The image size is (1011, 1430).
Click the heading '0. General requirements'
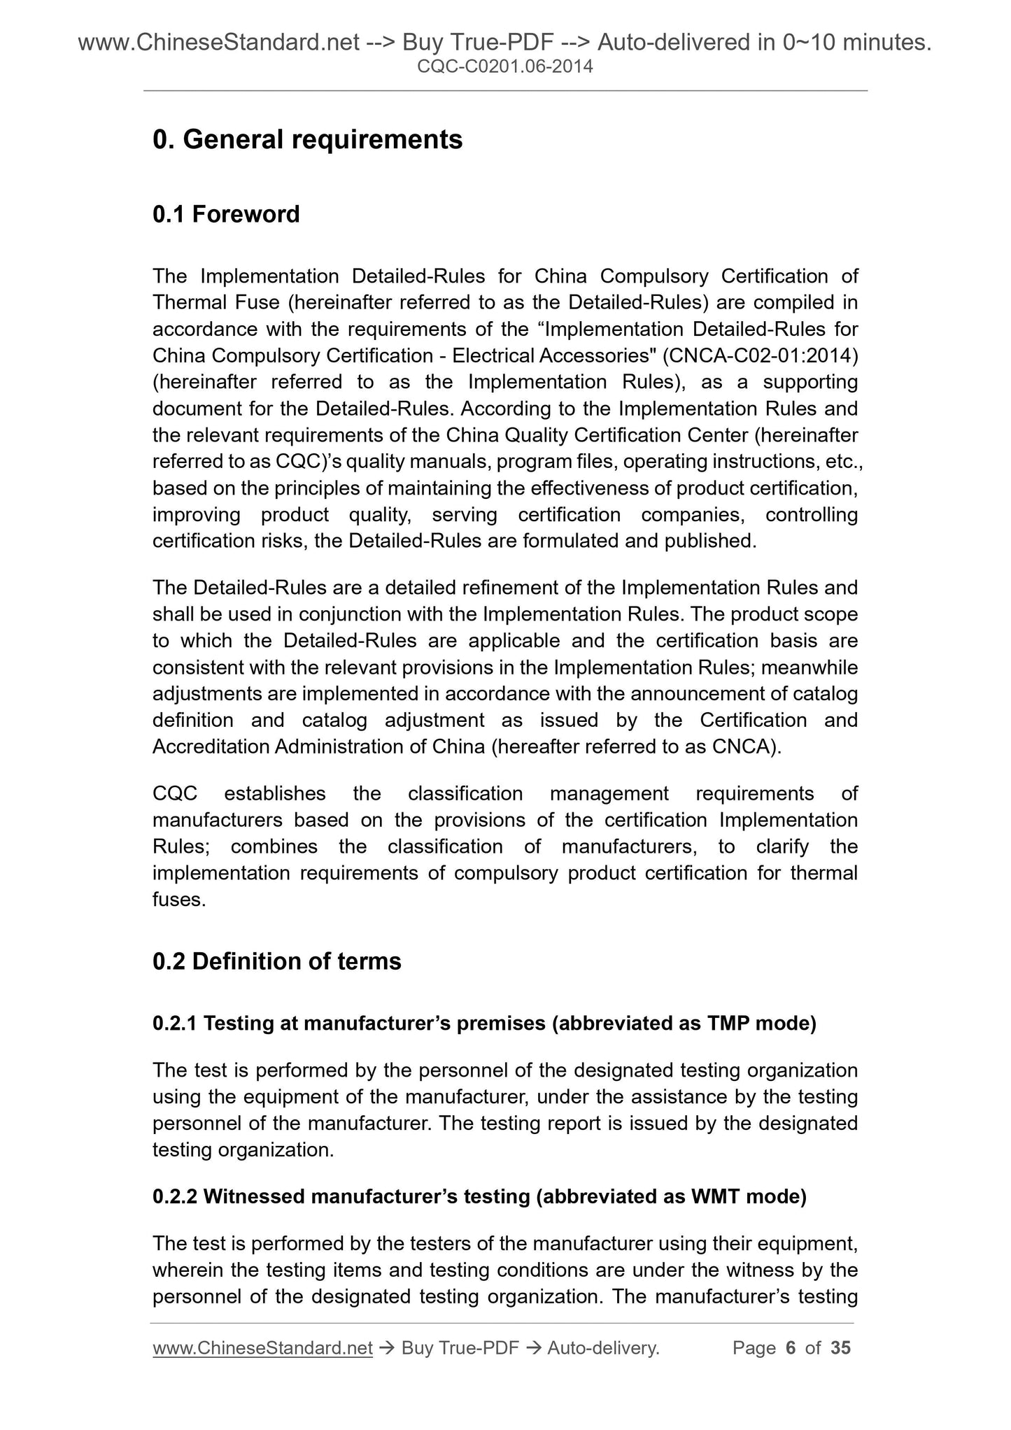pos(307,140)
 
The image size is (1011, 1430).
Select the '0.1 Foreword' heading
pos(226,214)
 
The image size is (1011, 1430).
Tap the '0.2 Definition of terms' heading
pos(277,961)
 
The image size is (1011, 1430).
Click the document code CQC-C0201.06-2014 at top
pos(504,66)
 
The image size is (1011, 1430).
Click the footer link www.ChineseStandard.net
pos(262,1347)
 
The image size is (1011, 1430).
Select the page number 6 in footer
pos(791,1347)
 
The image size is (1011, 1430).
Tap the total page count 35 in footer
pos(840,1347)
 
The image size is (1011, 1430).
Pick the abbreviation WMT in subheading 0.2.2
pos(715,1197)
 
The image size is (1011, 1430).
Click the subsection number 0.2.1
pos(175,1024)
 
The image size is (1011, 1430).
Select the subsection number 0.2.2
pos(175,1197)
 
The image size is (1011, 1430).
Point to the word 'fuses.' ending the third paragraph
pos(179,900)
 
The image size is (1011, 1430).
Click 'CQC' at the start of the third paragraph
pos(175,793)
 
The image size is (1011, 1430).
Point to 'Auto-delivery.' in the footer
pos(604,1347)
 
